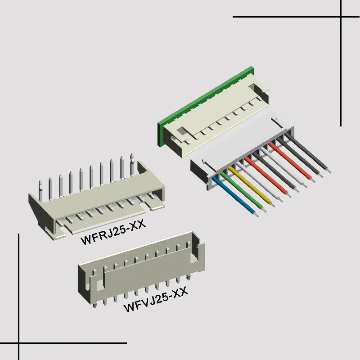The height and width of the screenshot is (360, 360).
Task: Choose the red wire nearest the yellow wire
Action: click(x=268, y=176)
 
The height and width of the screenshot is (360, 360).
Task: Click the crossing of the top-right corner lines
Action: click(x=341, y=17)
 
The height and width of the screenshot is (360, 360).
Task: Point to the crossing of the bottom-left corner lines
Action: click(x=19, y=343)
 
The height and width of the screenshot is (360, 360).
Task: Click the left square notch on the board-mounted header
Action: click(x=180, y=131)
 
